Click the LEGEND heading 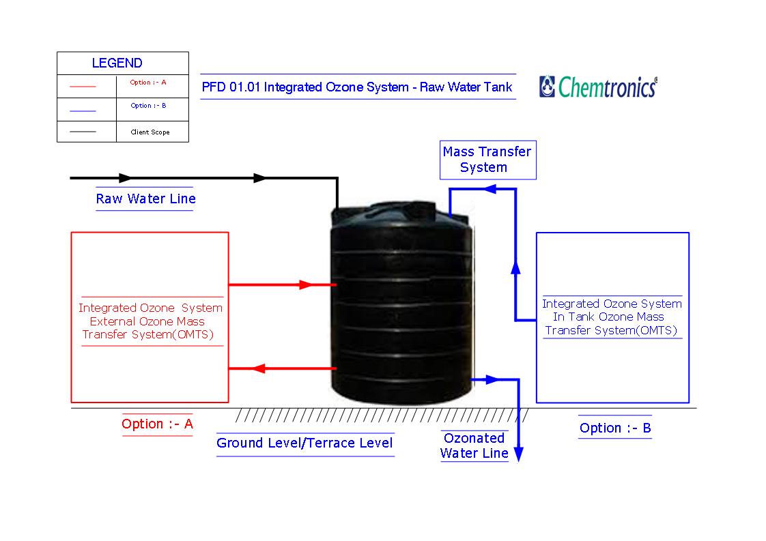(117, 63)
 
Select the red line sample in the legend (83, 87)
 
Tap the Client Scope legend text (150, 132)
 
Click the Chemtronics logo (598, 87)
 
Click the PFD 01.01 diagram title (357, 87)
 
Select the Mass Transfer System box (487, 160)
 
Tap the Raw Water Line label (145, 199)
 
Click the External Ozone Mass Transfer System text (150, 321)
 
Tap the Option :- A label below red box (157, 424)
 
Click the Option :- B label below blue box (614, 428)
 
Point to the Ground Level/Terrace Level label (304, 443)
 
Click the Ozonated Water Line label (474, 445)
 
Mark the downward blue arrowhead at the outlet (518, 454)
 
